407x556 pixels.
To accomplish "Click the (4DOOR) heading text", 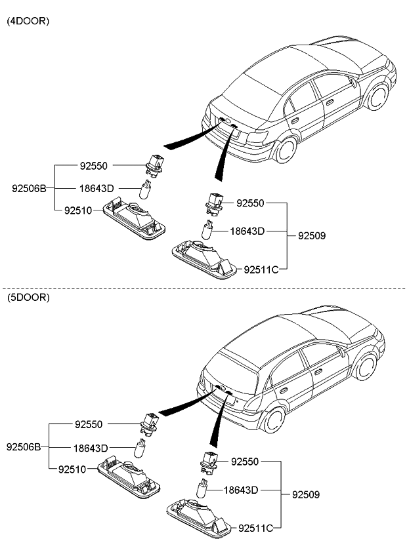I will (28, 21).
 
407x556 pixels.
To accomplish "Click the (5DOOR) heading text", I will (28, 297).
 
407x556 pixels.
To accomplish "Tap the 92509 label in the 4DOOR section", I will (312, 235).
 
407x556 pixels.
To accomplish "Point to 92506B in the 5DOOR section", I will (24, 447).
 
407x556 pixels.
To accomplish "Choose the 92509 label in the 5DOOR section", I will (305, 494).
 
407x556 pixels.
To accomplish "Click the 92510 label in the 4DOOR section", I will (78, 210).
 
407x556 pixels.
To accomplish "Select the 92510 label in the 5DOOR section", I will (72, 469).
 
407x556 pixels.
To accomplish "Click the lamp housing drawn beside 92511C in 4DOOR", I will (203, 258).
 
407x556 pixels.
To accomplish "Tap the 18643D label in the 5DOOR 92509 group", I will (241, 490).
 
